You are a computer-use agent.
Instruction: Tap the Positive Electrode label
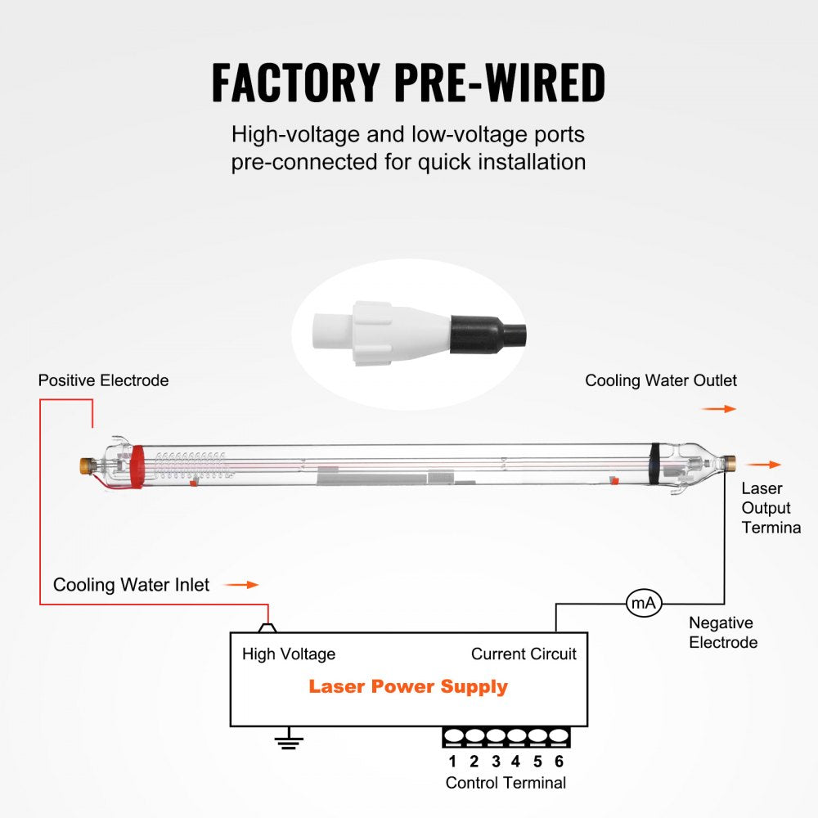pyautogui.click(x=103, y=380)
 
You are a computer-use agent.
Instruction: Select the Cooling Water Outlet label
pyautogui.click(x=660, y=380)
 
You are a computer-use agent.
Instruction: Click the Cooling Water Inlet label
pyautogui.click(x=131, y=585)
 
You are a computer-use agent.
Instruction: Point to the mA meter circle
pyautogui.click(x=643, y=604)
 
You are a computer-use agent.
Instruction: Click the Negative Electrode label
pyautogui.click(x=722, y=632)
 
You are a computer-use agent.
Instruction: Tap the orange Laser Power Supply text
pyautogui.click(x=407, y=686)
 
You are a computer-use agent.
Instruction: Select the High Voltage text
pyautogui.click(x=288, y=654)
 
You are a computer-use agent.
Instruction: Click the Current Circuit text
pyautogui.click(x=524, y=654)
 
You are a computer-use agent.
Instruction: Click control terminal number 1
pyautogui.click(x=452, y=762)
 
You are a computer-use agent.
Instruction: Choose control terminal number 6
pyautogui.click(x=559, y=762)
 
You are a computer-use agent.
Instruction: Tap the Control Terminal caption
pyautogui.click(x=506, y=783)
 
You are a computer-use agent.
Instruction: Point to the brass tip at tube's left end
pyautogui.click(x=84, y=466)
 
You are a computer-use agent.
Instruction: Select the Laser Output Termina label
pyautogui.click(x=771, y=508)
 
